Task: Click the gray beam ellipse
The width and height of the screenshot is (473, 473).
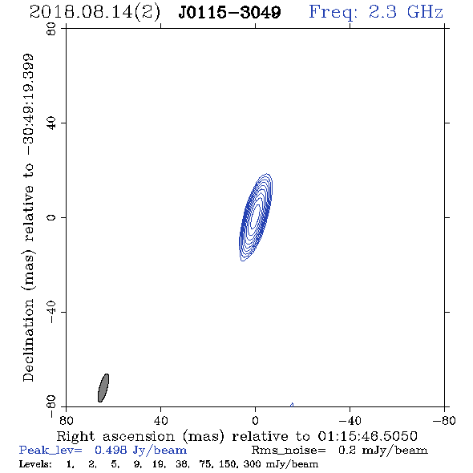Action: (x=103, y=388)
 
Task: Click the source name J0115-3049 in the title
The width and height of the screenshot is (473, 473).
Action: (x=229, y=12)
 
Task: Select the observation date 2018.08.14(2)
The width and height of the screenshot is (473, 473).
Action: (x=95, y=13)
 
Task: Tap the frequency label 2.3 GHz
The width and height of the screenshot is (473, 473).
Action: (x=406, y=12)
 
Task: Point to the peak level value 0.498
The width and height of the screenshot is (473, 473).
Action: (x=111, y=450)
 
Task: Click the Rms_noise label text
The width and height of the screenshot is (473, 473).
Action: (x=289, y=451)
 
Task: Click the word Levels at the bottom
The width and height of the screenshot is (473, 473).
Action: (x=35, y=464)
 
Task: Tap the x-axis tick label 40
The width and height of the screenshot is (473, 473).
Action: (x=160, y=421)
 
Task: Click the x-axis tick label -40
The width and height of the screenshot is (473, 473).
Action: (x=350, y=421)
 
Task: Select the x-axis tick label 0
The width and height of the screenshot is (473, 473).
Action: (x=255, y=421)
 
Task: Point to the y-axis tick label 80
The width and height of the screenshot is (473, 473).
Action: (x=51, y=29)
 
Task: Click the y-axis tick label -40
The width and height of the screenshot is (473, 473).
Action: (x=51, y=312)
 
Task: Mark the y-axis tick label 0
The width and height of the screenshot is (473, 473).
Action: (x=51, y=217)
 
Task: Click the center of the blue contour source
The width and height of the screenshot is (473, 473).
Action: (x=256, y=217)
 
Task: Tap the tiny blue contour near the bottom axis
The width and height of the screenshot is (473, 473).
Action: (x=292, y=405)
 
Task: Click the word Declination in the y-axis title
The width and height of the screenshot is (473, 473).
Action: (x=28, y=340)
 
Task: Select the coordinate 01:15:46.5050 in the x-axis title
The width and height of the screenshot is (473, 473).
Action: (x=367, y=436)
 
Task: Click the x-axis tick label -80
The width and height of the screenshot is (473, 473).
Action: (x=444, y=421)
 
